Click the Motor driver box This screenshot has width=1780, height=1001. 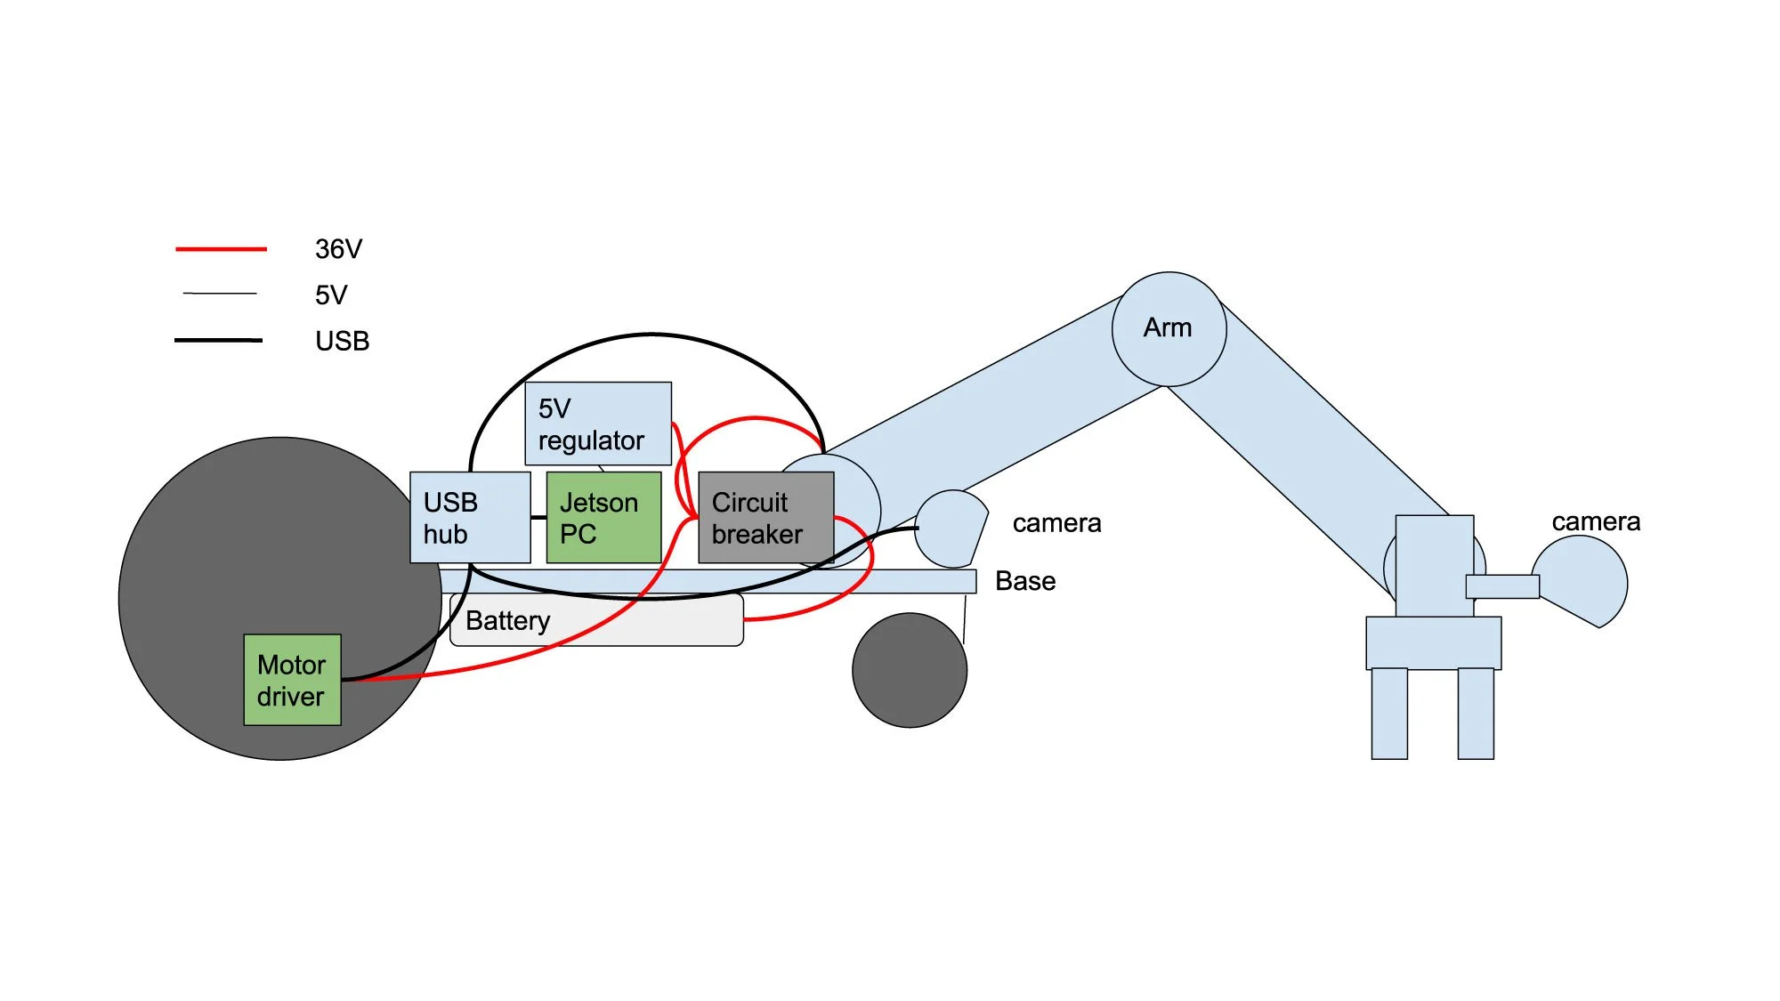tap(292, 680)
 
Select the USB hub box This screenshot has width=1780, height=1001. tap(470, 517)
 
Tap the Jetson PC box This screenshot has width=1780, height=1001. tap(603, 517)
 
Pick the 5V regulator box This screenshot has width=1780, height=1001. tap(598, 424)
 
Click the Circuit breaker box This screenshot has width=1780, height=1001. tap(765, 517)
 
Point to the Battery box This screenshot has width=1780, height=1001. tap(596, 621)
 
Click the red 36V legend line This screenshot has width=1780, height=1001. tap(221, 249)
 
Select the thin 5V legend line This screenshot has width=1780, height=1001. tap(220, 293)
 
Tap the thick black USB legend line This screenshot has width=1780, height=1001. tap(218, 340)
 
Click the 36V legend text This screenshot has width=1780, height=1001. tap(338, 249)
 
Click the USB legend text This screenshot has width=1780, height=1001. tap(342, 341)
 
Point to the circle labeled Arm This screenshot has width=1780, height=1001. tap(1169, 328)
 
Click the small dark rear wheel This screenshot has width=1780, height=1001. tap(909, 670)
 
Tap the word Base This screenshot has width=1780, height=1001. tap(1025, 581)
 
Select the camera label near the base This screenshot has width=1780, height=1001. tap(1056, 523)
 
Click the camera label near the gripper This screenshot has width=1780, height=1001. tap(1596, 521)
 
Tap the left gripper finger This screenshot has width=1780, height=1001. tap(1389, 713)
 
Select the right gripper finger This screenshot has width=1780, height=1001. tap(1475, 713)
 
